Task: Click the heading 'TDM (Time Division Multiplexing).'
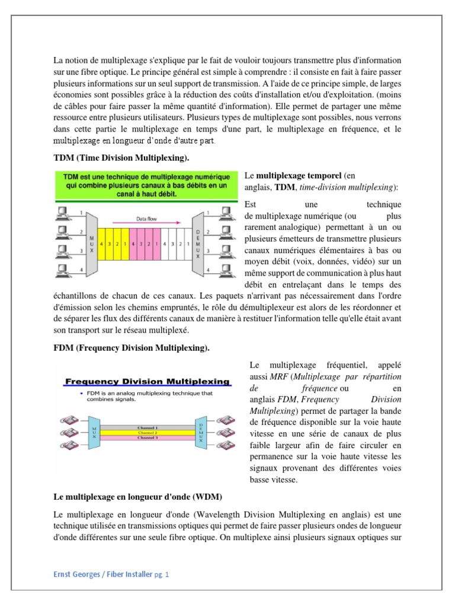pos(121,158)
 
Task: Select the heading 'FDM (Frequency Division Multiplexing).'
pos(132,348)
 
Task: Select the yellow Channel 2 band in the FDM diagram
pos(147,433)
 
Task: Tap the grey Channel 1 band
pos(147,428)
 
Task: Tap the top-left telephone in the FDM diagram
pos(66,420)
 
